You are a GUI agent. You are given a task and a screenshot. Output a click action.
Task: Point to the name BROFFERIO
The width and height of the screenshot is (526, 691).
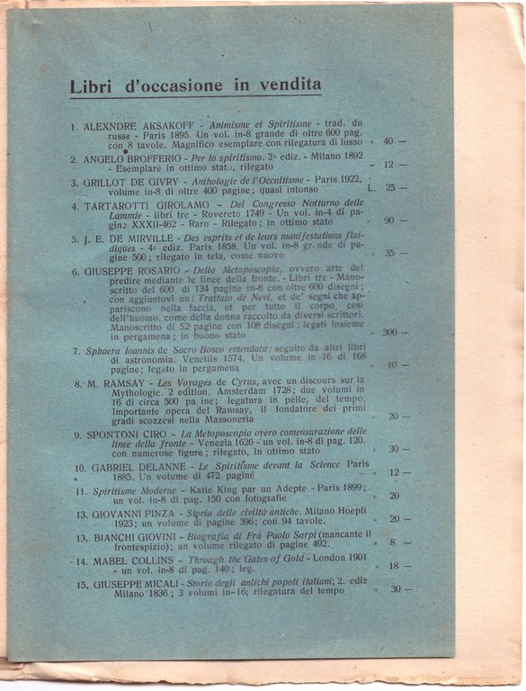146,157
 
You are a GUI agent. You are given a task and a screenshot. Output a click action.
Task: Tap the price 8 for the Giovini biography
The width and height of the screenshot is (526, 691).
391,543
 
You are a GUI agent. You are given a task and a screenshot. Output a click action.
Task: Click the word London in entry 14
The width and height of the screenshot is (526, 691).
327,560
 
